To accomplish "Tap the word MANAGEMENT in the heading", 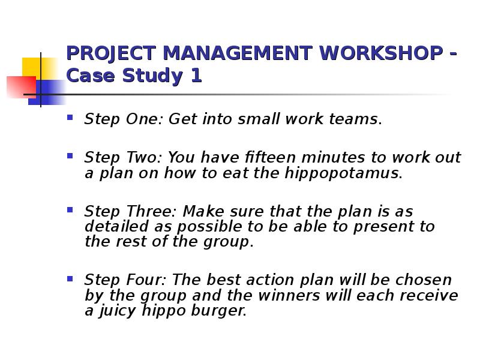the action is [238, 53].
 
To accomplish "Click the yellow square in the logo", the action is [39, 68].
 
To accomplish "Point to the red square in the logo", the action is [22, 87].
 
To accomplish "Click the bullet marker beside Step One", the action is [70, 117].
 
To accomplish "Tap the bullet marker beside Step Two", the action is [70, 156].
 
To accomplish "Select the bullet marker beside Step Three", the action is [70, 209].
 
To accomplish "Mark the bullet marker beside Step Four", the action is [70, 278].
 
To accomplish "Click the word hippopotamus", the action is [342, 173].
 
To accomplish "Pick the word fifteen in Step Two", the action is [270, 157].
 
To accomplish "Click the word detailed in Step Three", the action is [116, 226].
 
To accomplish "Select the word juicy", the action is [117, 311].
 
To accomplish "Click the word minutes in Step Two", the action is [333, 157].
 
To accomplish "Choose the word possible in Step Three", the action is [209, 227].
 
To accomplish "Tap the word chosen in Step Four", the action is [424, 280].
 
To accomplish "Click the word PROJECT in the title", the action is [111, 53].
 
